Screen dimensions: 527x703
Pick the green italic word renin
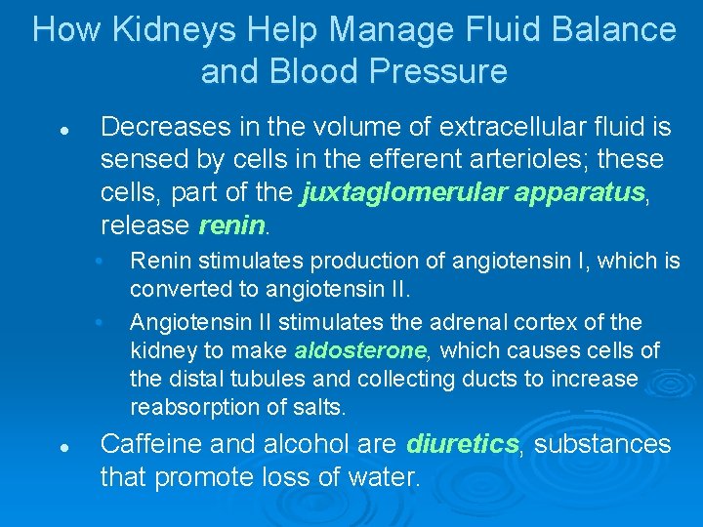coord(231,226)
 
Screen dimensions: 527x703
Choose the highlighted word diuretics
coord(462,445)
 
